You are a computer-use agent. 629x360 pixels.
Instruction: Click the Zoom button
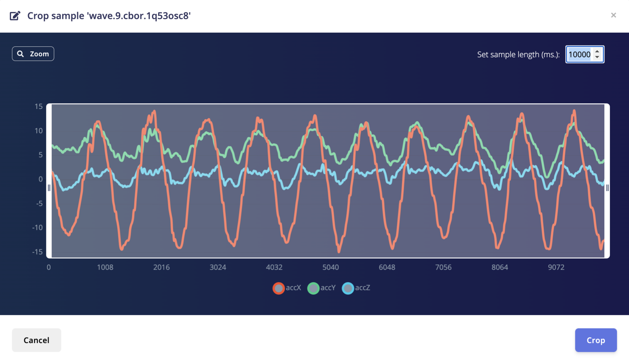(33, 54)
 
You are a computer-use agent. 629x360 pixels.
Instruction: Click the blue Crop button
(596, 340)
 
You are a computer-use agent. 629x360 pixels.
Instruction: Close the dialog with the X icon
(613, 15)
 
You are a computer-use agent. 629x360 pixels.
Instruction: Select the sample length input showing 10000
(580, 55)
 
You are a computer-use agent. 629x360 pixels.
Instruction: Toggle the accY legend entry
(322, 288)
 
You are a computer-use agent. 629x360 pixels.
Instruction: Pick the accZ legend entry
(356, 288)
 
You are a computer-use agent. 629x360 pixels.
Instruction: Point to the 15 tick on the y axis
(39, 107)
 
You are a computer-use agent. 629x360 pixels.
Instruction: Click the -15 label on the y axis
(37, 252)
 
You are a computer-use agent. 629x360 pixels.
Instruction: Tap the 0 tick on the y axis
(40, 179)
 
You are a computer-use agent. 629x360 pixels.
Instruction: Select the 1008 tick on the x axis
(105, 267)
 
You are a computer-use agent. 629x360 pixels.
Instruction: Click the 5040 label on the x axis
(331, 267)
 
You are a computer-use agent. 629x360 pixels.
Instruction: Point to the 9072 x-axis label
(556, 267)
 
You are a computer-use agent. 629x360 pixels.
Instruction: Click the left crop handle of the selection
(49, 188)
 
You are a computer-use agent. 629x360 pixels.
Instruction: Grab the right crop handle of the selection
(607, 188)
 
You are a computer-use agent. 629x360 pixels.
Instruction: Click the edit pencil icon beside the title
(15, 16)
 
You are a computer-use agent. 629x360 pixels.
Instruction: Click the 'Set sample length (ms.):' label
(518, 55)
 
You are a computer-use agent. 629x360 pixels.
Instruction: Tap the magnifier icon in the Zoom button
(20, 54)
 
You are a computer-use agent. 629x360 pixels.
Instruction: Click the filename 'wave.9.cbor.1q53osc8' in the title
(139, 16)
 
